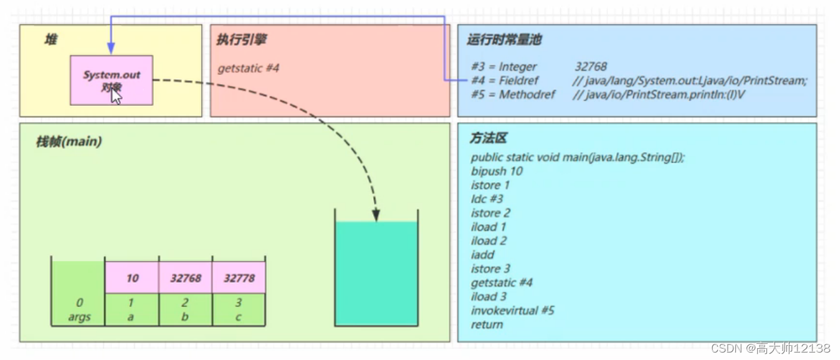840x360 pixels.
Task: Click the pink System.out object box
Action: tap(112, 80)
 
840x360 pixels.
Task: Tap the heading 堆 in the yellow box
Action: tap(50, 40)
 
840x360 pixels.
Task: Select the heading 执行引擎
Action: tap(241, 40)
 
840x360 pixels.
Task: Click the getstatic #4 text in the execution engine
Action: tap(248, 68)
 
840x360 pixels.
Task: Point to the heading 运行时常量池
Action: tap(504, 40)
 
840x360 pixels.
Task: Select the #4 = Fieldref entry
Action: tap(505, 80)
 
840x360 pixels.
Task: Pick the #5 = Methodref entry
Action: tap(513, 95)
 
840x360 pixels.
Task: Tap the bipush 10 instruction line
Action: tap(497, 171)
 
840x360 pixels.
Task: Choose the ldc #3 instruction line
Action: tap(487, 199)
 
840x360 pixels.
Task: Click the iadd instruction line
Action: tap(482, 255)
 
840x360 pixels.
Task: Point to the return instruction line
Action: tap(487, 324)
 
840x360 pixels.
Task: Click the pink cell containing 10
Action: tap(132, 278)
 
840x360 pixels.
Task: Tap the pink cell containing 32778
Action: tap(239, 278)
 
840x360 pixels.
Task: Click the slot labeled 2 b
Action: tap(186, 310)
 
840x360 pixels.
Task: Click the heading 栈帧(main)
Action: tap(68, 141)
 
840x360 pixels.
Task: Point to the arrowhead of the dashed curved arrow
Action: tap(376, 217)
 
